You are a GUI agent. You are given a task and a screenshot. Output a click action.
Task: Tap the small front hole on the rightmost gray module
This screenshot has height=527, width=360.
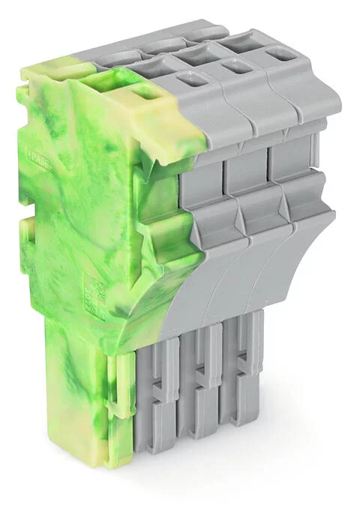(x=282, y=54)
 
